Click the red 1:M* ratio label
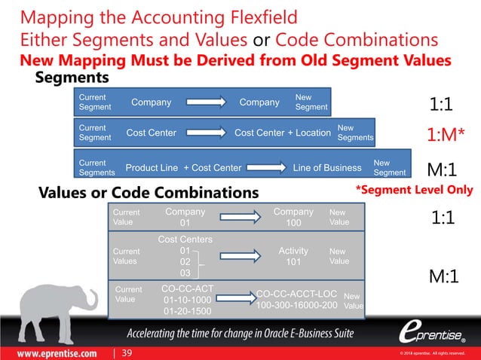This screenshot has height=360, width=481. (446, 134)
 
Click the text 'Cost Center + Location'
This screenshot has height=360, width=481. (283, 134)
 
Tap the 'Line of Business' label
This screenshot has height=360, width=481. (327, 167)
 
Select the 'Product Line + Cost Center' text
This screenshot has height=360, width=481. (183, 167)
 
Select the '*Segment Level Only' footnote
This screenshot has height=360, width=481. (414, 189)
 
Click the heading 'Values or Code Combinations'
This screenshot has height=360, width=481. (149, 194)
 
